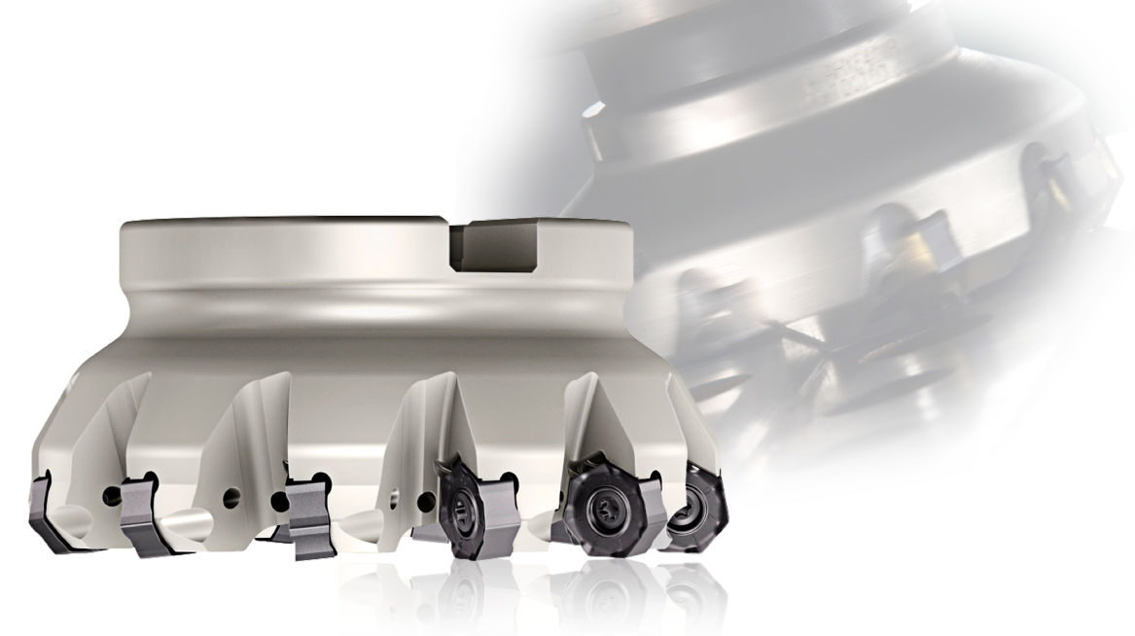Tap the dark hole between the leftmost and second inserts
(x=108, y=496)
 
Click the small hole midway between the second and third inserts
(x=231, y=498)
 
